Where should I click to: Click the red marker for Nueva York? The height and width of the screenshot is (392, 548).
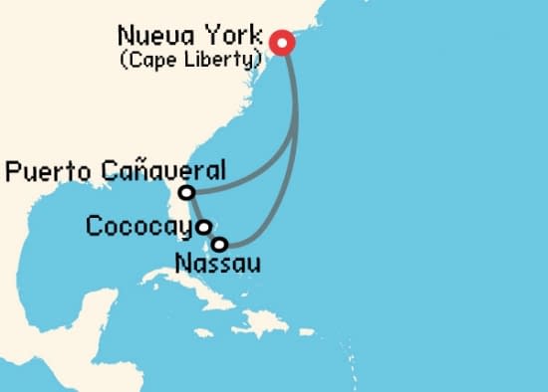tap(281, 43)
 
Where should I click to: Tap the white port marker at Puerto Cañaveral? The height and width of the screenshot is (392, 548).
tap(186, 192)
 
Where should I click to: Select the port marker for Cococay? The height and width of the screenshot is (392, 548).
tap(203, 227)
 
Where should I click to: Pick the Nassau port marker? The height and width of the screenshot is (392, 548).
tap(220, 243)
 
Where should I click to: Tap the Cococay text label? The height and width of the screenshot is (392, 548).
tap(138, 227)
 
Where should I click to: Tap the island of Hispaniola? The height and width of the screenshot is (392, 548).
tap(267, 320)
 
